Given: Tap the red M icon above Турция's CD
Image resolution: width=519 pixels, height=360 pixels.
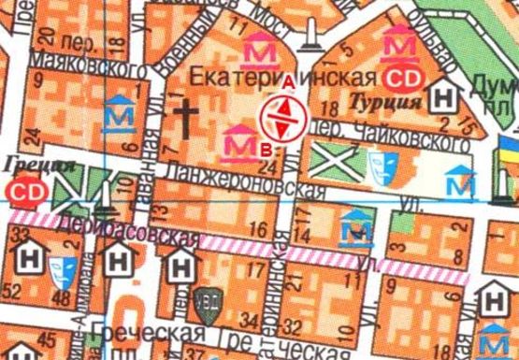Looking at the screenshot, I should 403,42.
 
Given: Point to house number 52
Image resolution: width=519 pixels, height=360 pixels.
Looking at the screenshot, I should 15,295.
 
